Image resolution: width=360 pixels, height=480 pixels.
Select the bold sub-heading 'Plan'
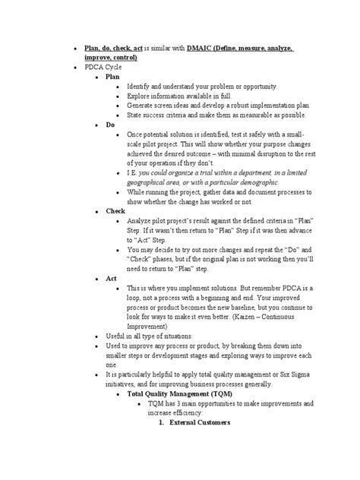click(112, 77)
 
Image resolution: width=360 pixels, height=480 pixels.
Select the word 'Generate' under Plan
click(142, 106)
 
